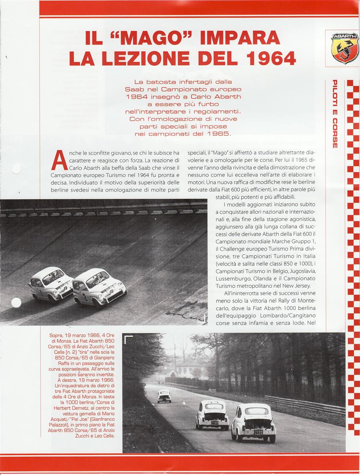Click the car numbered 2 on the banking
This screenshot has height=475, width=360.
coord(99,287)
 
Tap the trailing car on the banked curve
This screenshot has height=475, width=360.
coord(51,284)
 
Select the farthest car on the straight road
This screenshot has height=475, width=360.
coord(164,396)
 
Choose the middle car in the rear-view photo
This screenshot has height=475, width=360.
coord(213,414)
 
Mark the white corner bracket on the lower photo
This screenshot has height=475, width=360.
coord(128,339)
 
